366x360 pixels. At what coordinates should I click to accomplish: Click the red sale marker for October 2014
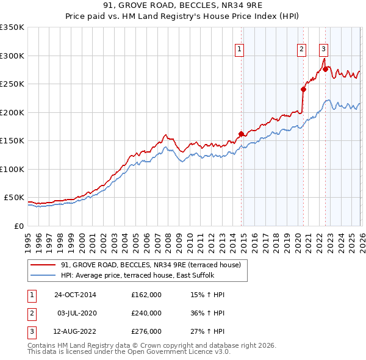(241, 134)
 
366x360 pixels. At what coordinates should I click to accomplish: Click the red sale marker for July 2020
(303, 89)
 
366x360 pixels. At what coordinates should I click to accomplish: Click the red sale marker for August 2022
(325, 69)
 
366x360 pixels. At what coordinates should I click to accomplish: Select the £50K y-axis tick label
(14, 198)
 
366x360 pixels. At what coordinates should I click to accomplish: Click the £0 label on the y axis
(18, 226)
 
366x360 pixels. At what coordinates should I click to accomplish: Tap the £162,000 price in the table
(146, 295)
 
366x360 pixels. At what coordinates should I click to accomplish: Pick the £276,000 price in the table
(146, 331)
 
